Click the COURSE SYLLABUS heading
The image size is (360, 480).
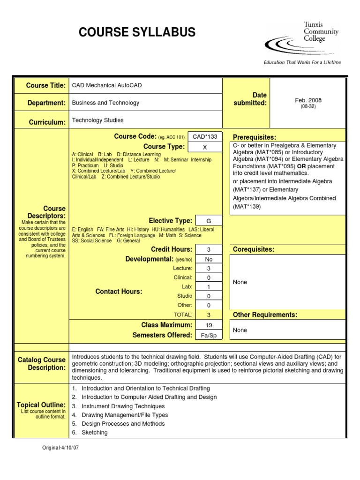click(x=137, y=32)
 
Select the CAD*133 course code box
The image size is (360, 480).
click(x=205, y=136)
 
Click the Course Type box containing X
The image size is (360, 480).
click(x=205, y=147)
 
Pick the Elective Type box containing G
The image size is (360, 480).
click(x=209, y=221)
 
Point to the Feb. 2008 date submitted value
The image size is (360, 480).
click(x=308, y=100)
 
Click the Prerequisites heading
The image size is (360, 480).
click(x=255, y=137)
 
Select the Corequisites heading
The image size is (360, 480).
click(x=254, y=249)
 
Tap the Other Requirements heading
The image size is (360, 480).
click(x=265, y=315)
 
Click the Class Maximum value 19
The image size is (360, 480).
click(x=209, y=325)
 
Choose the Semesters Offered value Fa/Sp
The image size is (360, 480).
click(x=209, y=336)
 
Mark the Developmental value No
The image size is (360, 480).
click(x=209, y=259)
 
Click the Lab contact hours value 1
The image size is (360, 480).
click(x=209, y=287)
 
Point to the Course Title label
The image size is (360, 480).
click(x=46, y=85)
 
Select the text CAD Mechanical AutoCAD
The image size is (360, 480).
click(x=106, y=85)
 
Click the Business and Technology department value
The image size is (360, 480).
click(x=105, y=103)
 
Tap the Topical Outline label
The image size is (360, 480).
click(x=41, y=405)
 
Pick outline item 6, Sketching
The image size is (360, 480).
click(x=94, y=432)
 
